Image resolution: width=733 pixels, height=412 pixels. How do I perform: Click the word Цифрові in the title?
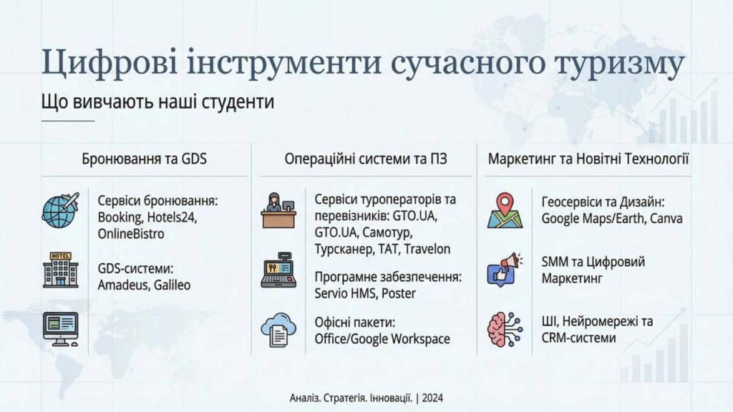click(110, 63)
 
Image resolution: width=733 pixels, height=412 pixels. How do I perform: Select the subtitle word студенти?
click(238, 102)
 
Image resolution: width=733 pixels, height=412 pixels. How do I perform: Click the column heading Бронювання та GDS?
click(144, 160)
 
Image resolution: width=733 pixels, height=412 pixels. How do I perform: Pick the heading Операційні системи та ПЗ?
click(366, 160)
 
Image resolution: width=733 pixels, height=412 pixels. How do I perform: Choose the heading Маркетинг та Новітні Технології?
click(588, 160)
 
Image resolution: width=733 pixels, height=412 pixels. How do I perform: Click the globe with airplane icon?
click(61, 210)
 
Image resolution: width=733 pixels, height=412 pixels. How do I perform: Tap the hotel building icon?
click(61, 270)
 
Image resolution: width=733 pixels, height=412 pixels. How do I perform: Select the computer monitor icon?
click(61, 329)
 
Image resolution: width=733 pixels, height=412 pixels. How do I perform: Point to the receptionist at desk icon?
click(278, 210)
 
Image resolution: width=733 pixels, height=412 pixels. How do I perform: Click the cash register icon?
click(278, 270)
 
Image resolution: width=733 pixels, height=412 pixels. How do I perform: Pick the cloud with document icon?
click(278, 330)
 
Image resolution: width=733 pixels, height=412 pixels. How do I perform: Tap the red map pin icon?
click(505, 210)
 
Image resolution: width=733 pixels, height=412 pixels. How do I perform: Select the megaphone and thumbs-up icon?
click(505, 270)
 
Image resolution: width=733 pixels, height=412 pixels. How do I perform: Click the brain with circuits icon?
click(505, 330)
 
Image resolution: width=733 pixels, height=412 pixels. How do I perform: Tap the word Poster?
click(399, 293)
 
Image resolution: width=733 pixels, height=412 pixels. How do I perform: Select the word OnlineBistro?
click(131, 234)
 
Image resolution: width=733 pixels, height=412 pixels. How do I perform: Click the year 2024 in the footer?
click(432, 398)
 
